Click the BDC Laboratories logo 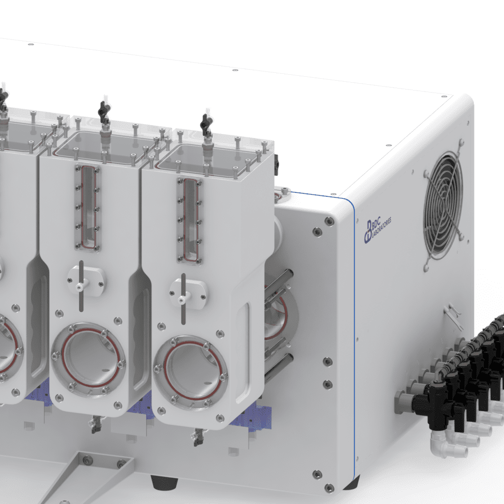[378, 229]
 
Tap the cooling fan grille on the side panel [443, 205]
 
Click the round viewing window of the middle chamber [89, 359]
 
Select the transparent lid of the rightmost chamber [212, 156]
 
